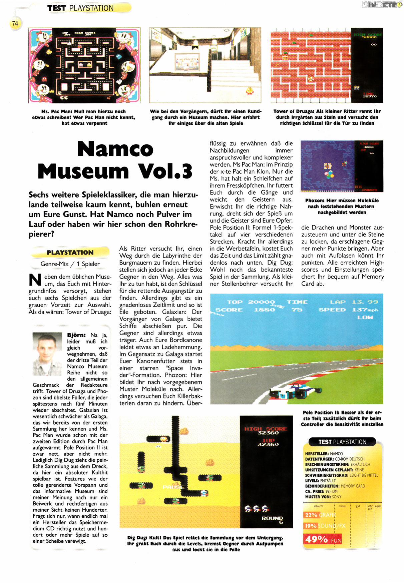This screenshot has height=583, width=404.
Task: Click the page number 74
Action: click(15, 23)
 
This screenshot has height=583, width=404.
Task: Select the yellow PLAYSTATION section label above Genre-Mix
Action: click(70, 253)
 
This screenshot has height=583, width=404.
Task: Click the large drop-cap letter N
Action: click(35, 280)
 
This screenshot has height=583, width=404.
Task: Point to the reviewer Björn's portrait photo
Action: click(47, 354)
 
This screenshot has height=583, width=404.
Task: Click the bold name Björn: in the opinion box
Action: click(76, 335)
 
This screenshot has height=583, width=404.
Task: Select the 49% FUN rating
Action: click(323, 539)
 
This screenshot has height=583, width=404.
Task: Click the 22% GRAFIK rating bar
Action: click(320, 515)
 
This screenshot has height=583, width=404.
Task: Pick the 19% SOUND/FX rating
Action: click(325, 526)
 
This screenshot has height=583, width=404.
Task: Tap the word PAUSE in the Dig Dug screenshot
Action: click(173, 487)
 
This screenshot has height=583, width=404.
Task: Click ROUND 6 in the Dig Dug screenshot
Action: click(273, 519)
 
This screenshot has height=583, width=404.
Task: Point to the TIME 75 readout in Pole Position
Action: click(297, 306)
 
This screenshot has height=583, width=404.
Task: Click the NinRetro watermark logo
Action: click(382, 5)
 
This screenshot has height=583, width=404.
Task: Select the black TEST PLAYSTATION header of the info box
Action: click(342, 442)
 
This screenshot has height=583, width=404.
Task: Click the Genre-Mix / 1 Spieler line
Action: click(70, 264)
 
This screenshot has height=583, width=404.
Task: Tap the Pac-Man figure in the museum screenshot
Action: click(249, 90)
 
